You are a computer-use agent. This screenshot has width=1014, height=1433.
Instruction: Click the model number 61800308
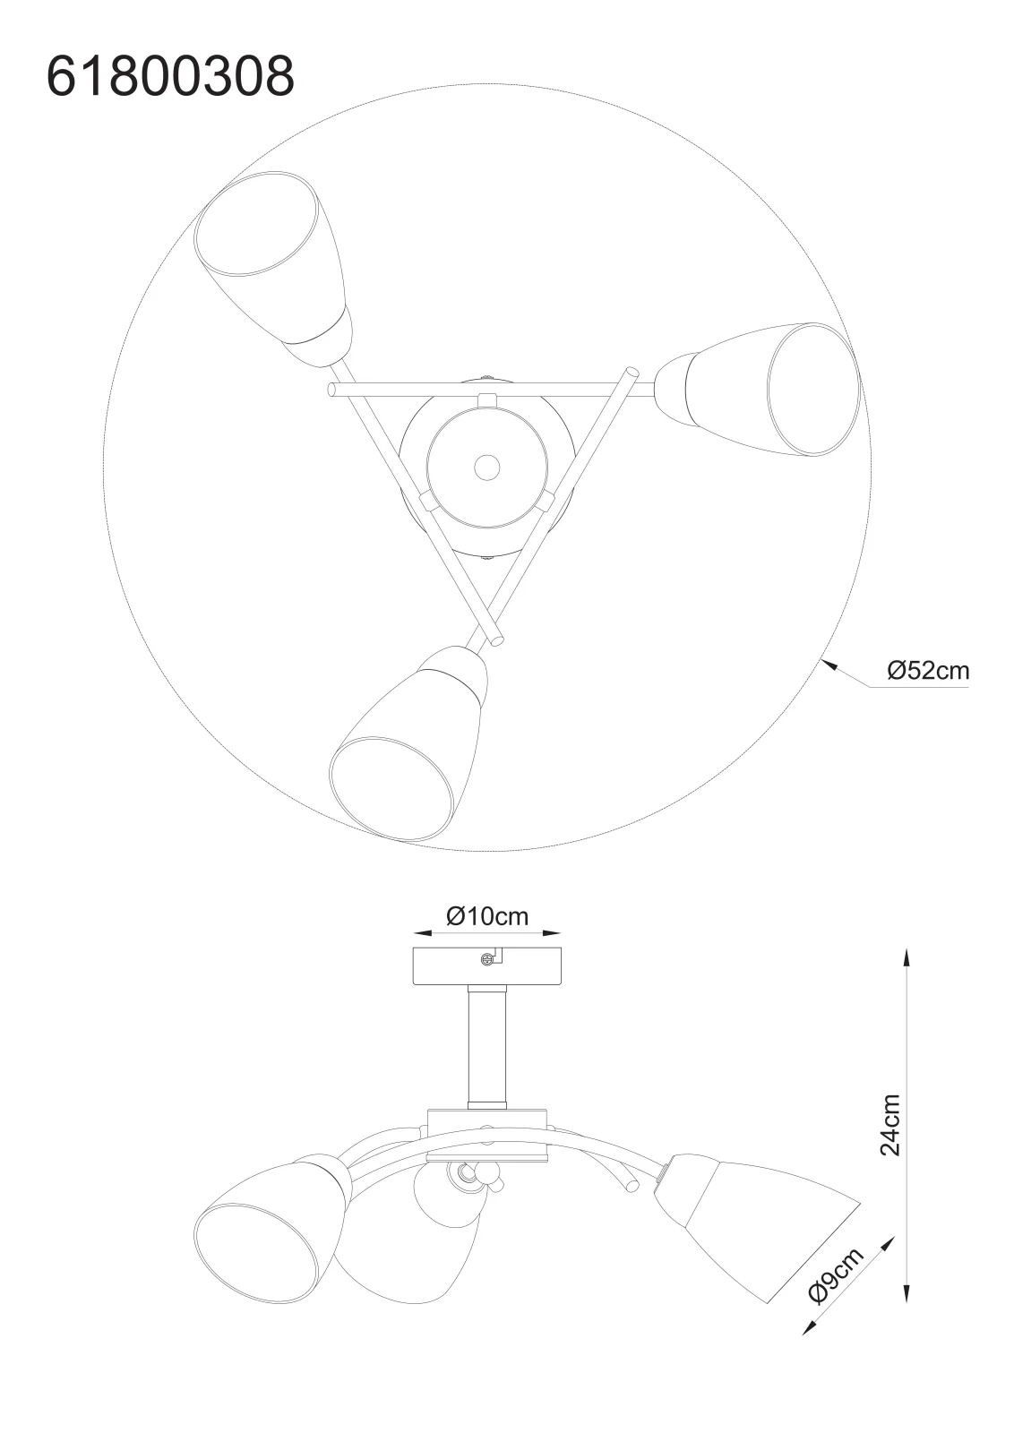170,75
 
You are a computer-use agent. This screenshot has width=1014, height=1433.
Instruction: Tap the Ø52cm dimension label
928,670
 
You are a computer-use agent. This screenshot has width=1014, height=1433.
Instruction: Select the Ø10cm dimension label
487,916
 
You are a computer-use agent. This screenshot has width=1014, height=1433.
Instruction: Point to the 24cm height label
889,1125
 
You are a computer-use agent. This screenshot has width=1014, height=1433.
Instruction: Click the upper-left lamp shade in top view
274,269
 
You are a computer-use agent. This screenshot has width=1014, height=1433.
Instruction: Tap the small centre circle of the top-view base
487,467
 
